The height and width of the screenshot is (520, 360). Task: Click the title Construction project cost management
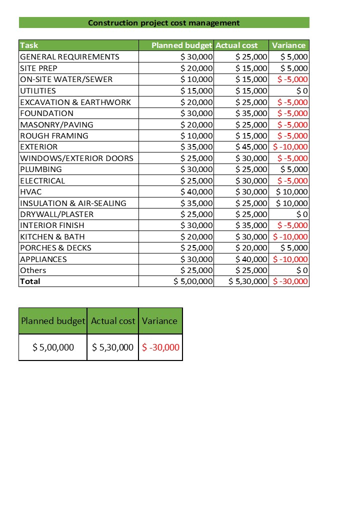pos(163,22)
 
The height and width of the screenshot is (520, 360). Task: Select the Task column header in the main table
pos(29,45)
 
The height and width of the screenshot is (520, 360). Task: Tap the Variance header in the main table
pos(288,45)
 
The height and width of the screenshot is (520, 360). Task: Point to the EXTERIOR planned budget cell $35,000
pos(196,147)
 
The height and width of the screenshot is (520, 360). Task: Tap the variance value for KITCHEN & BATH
pos(290,236)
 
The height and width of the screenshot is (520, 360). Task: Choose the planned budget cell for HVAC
pos(196,191)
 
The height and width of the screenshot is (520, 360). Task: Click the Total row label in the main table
pos(30,281)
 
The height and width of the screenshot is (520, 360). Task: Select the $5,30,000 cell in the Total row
pos(248,281)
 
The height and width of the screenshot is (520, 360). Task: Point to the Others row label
pos(33,270)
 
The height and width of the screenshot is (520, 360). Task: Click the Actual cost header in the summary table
pos(113,321)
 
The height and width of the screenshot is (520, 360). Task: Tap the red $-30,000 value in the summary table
pos(160,347)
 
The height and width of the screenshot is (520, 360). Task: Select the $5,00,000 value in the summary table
pos(53,347)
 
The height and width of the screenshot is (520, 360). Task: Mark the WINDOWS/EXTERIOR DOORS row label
pos(76,158)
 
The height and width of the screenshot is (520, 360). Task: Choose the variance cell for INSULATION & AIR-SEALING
pos(292,203)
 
